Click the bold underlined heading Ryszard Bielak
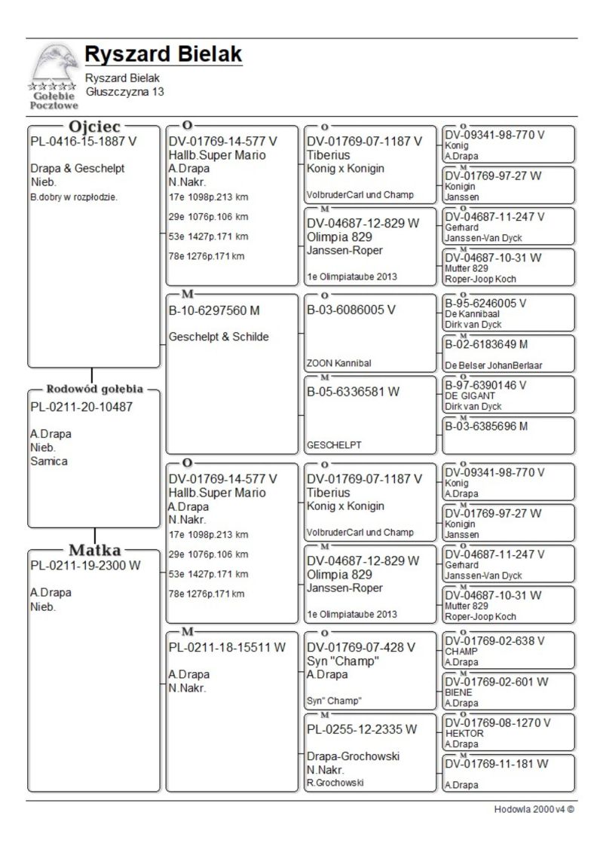pyautogui.click(x=164, y=54)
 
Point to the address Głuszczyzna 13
pyautogui.click(x=124, y=91)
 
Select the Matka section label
pyautogui.click(x=95, y=549)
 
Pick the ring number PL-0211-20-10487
pyautogui.click(x=81, y=408)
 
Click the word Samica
pyautogui.click(x=49, y=462)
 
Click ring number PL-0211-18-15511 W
pyautogui.click(x=227, y=647)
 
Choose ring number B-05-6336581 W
pyautogui.click(x=353, y=392)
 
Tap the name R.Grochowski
pyautogui.click(x=335, y=783)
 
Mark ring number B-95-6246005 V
pyautogui.click(x=485, y=304)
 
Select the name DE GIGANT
pyautogui.click(x=463, y=395)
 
